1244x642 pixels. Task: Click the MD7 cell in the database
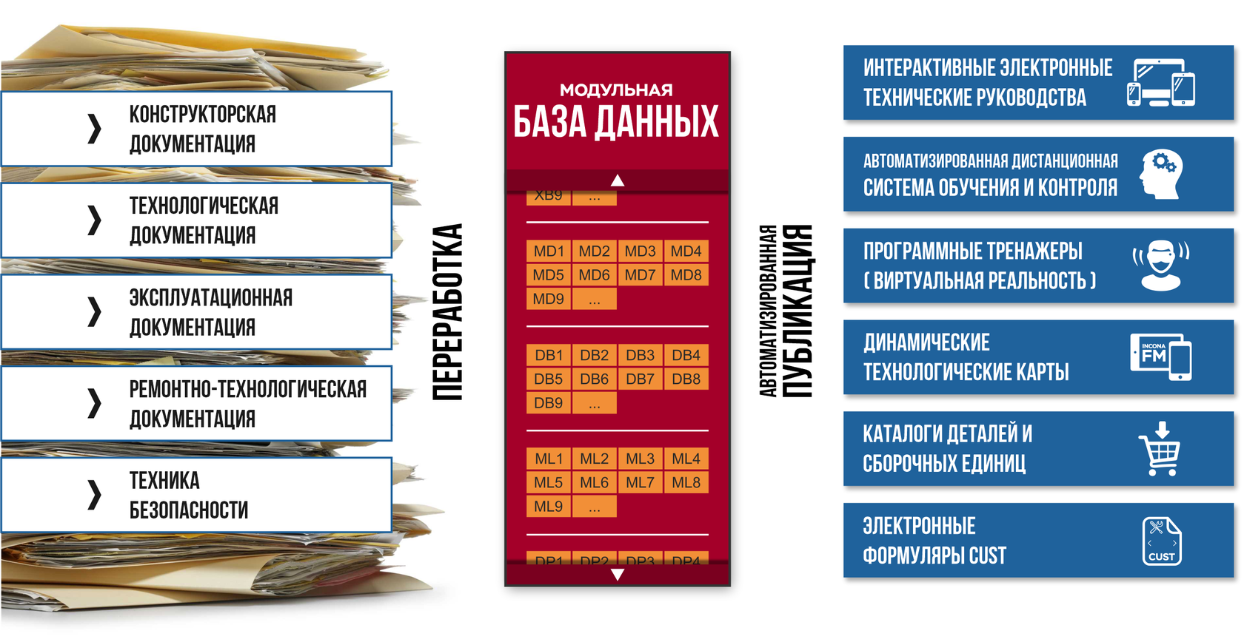point(640,275)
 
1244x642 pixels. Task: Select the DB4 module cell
point(686,355)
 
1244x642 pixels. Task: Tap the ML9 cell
point(548,507)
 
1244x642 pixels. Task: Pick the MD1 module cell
point(548,251)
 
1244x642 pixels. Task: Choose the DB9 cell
point(548,403)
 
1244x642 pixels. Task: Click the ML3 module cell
point(640,459)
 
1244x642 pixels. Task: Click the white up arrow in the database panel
point(618,180)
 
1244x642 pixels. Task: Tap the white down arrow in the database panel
point(618,575)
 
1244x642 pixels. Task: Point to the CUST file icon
point(1161,541)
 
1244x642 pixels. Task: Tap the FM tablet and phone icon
point(1160,357)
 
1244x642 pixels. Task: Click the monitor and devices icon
point(1160,83)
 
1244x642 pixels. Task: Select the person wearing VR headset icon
point(1160,266)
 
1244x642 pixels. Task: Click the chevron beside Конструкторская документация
point(94,129)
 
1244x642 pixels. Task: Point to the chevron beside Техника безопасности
point(94,495)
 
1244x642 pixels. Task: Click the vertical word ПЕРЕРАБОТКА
point(448,312)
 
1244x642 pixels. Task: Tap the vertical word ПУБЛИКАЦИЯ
point(797,311)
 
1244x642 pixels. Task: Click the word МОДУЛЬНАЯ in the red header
point(616,90)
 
